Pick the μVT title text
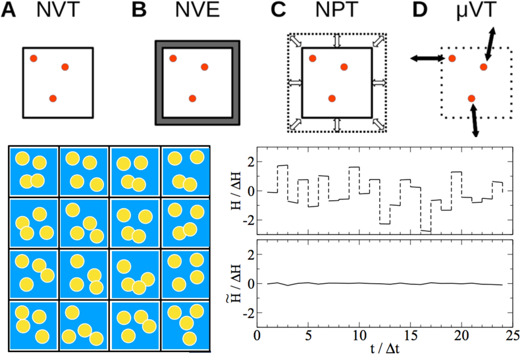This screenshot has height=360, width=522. [476, 11]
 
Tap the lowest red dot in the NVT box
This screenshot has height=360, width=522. [53, 99]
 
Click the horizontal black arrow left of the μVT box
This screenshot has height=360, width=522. [427, 58]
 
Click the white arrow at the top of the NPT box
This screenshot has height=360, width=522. [337, 41]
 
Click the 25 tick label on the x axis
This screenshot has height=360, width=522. [512, 335]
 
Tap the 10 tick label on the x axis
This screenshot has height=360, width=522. [359, 335]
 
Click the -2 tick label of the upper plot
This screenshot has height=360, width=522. [246, 220]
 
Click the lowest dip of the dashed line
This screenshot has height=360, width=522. [425, 231]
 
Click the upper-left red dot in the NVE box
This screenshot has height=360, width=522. [173, 58]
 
